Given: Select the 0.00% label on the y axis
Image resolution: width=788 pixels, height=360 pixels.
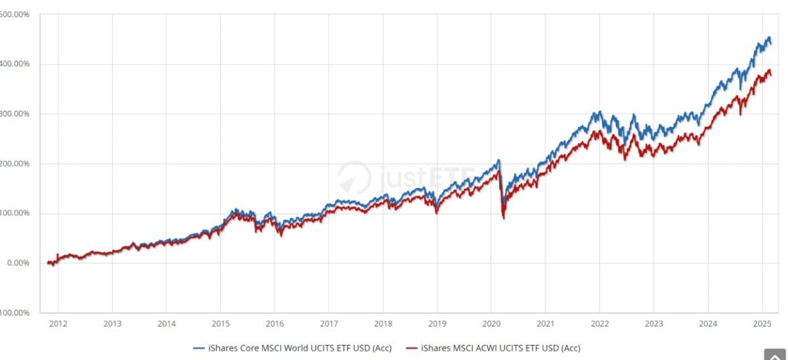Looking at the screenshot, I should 18,263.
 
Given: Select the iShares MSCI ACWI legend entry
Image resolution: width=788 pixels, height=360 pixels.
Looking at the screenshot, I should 500,348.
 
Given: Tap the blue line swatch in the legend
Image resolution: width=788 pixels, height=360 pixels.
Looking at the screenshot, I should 200,348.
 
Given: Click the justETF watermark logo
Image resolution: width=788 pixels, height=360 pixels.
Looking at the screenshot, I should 394,177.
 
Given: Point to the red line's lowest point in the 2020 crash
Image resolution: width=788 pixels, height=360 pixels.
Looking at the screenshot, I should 504,218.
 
